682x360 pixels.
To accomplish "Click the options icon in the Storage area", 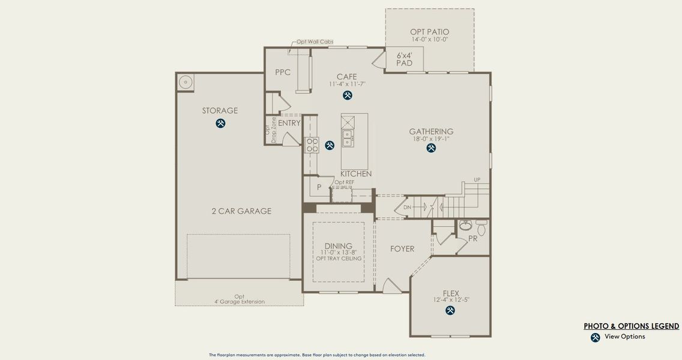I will point(220,124).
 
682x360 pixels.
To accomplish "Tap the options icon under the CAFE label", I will point(347,95).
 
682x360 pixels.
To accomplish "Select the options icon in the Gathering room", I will point(431,148).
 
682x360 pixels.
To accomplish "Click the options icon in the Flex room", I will point(450,310).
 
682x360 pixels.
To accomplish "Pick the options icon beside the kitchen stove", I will point(329,145).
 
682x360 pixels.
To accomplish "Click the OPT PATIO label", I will point(429,32).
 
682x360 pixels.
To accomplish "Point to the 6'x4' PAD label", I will point(404,59).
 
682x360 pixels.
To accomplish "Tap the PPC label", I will point(283,72).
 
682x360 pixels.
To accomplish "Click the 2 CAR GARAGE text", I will point(241,211).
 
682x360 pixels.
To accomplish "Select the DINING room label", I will point(339,246).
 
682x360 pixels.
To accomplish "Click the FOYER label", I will point(402,248).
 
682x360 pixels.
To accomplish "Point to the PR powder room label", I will point(474,239).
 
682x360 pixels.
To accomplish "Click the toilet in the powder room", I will point(481,227).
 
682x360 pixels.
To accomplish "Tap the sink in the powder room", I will point(466,226).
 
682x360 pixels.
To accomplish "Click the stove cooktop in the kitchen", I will point(312,145).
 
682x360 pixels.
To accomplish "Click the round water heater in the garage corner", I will point(186,82).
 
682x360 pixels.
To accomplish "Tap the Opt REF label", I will point(345,182).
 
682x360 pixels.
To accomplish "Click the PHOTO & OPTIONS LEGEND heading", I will point(632,326).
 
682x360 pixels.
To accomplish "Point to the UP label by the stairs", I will point(477,179).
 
